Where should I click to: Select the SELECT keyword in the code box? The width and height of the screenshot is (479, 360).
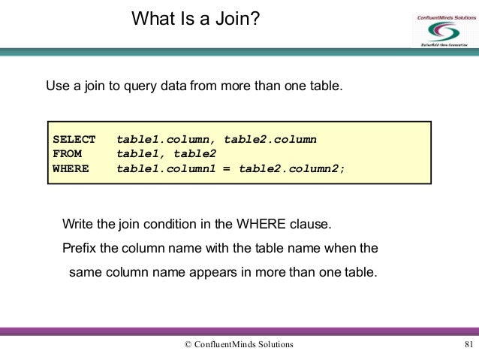pos(74,140)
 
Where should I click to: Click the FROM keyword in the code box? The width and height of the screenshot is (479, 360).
pos(68,154)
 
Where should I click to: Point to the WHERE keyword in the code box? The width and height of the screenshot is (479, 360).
pos(71,168)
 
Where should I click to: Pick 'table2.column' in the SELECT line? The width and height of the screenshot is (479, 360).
pos(270,140)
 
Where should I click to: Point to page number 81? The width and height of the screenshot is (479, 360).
pos(468,344)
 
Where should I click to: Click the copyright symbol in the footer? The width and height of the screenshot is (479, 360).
pos(188,344)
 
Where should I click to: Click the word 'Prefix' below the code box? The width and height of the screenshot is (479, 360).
pos(80,248)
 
